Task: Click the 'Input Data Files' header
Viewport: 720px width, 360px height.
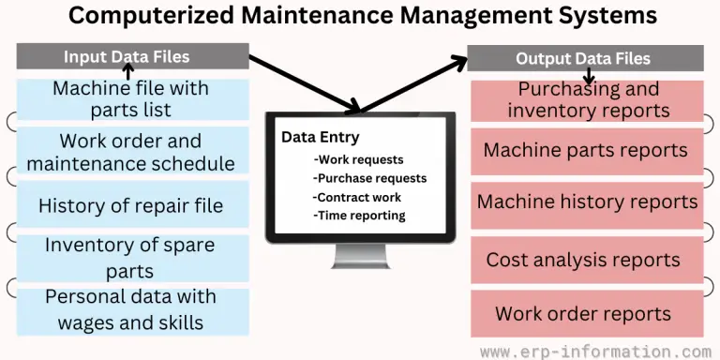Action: coord(127,57)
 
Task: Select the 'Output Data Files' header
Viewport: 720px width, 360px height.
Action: coord(583,59)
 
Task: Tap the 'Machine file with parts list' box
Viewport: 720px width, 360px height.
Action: coord(131,99)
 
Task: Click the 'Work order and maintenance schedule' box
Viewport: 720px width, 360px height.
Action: coord(131,152)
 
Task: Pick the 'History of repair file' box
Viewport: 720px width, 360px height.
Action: coord(131,204)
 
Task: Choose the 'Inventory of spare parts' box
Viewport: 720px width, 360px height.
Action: coord(131,258)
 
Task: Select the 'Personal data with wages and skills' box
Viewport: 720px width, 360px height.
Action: coord(131,310)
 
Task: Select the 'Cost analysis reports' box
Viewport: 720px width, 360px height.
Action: coord(583,260)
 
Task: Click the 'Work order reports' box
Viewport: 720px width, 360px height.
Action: coord(583,313)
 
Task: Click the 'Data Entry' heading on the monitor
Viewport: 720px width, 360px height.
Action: coord(320,138)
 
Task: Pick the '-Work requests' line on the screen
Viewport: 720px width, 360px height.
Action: coord(359,159)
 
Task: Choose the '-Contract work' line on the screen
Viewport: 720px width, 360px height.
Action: coord(357,197)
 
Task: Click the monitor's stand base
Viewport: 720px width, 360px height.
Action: coord(360,265)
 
